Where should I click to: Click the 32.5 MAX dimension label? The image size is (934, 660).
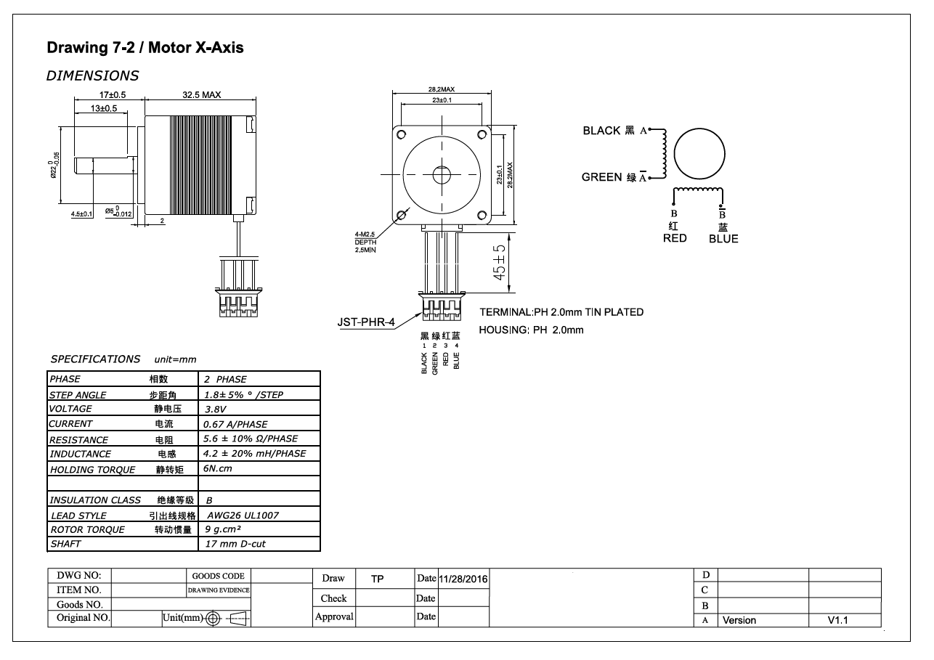click(201, 95)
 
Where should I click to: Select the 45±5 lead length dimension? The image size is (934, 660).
click(500, 262)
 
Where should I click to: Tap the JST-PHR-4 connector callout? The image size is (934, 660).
click(366, 322)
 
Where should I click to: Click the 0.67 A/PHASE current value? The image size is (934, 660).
click(235, 424)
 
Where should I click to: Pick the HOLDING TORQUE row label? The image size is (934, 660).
click(92, 470)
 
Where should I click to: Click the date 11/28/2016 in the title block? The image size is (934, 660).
click(463, 579)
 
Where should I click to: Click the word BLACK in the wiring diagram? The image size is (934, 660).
click(601, 131)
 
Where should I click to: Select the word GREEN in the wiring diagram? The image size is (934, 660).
click(601, 177)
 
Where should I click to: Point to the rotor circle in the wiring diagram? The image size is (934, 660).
click(699, 155)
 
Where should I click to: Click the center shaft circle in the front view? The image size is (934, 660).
click(441, 174)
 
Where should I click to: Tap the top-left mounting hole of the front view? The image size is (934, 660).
click(400, 134)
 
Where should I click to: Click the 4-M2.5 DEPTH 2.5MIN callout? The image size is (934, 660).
click(365, 241)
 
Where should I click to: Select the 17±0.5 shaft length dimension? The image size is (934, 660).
click(113, 95)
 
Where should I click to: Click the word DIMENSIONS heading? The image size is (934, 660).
click(92, 76)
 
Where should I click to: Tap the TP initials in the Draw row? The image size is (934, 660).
click(377, 579)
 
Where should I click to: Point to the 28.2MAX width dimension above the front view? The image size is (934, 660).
click(441, 89)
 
